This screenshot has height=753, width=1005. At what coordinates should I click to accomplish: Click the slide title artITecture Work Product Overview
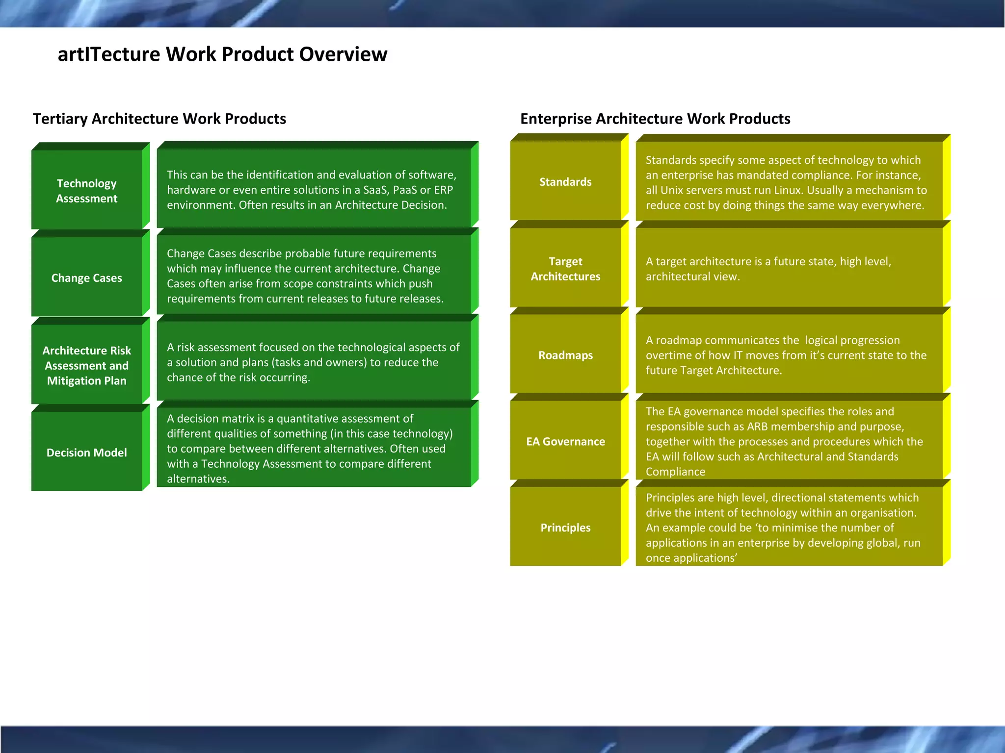click(x=222, y=54)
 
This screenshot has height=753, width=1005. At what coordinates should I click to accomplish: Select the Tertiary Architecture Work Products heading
click(x=159, y=119)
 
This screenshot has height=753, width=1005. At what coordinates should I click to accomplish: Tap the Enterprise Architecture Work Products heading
click(x=655, y=119)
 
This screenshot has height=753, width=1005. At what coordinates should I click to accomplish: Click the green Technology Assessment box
click(x=87, y=191)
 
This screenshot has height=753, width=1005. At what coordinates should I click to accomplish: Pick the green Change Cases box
click(x=87, y=278)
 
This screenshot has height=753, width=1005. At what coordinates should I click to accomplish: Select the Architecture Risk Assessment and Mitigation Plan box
click(x=87, y=365)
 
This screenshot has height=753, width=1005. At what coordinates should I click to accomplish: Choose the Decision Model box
click(x=87, y=452)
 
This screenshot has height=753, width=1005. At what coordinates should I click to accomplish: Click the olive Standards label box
click(x=565, y=182)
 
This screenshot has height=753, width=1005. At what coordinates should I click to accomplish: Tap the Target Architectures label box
click(x=565, y=269)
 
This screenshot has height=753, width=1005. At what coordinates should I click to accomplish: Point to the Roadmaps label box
click(x=565, y=355)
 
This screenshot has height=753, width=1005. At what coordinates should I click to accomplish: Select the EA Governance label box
click(x=565, y=441)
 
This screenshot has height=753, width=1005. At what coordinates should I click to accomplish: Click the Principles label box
click(x=565, y=527)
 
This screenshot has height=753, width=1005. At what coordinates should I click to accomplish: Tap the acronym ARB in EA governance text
click(x=757, y=427)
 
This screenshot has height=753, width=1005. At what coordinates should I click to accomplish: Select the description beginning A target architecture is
click(x=768, y=269)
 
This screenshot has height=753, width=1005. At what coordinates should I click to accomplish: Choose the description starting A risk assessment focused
click(x=313, y=362)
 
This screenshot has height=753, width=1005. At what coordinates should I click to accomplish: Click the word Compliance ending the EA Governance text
click(x=675, y=472)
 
